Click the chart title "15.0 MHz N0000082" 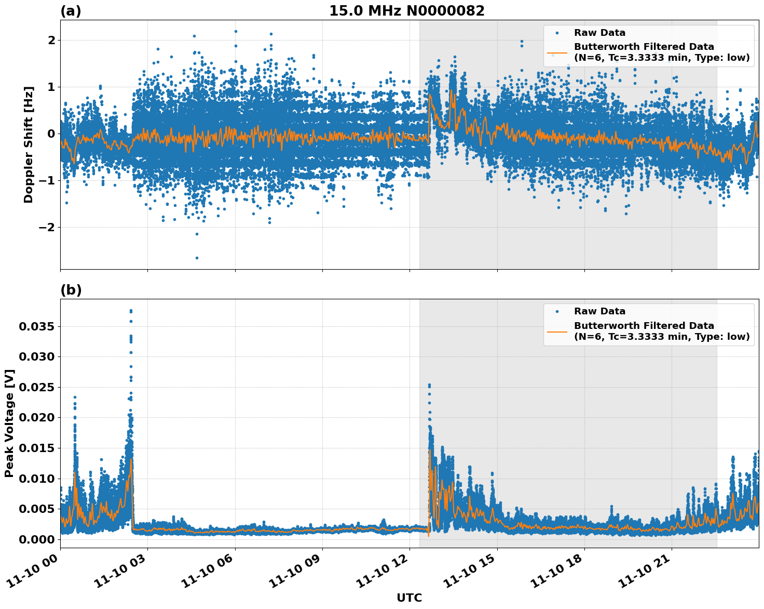[x=406, y=11]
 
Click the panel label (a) [x=71, y=11]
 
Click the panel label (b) [x=71, y=290]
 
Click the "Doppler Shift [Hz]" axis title [x=29, y=144]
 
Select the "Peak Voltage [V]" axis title [x=9, y=423]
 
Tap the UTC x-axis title [x=409, y=598]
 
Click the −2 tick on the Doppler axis [x=47, y=228]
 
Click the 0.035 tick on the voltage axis [x=36, y=327]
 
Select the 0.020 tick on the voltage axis [x=36, y=418]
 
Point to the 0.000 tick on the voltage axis [x=36, y=539]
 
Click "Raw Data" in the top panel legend [x=599, y=33]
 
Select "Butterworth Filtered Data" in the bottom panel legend [x=644, y=326]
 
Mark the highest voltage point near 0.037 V [x=131, y=311]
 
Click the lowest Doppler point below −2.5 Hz [x=197, y=258]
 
